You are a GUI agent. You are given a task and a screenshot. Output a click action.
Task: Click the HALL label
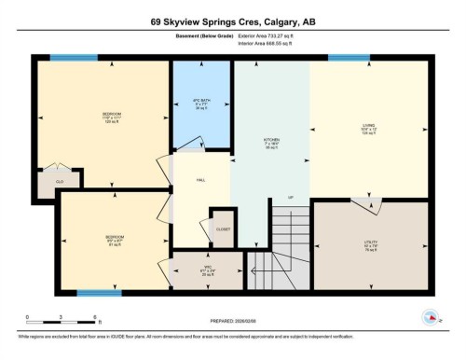click(199, 181)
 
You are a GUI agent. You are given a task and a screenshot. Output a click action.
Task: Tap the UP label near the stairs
click(290, 198)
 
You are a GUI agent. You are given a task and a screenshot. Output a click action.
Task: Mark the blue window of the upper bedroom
click(66, 58)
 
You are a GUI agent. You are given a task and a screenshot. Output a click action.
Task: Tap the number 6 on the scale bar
click(96, 318)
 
